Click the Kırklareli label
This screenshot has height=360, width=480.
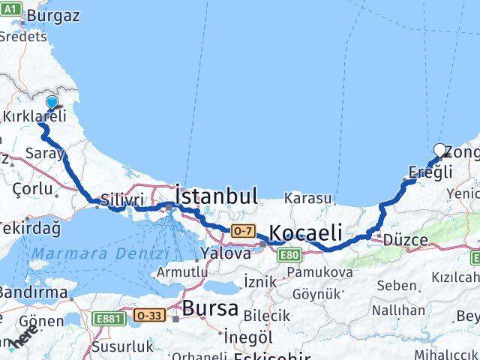(x=34, y=116)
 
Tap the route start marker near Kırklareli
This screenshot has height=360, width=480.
(x=51, y=103)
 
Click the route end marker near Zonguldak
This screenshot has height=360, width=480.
(x=440, y=149)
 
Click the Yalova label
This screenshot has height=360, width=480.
(x=225, y=253)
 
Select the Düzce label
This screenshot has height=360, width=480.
(x=404, y=240)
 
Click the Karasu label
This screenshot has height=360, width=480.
(x=307, y=199)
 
